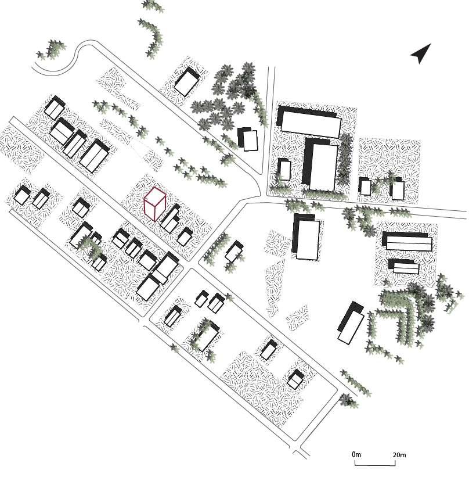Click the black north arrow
pyautogui.click(x=421, y=53)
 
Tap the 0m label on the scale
pyautogui.click(x=356, y=454)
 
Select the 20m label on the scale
pyautogui.click(x=399, y=454)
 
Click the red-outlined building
pyautogui.click(x=155, y=204)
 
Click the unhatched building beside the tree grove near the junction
pyautogui.click(x=250, y=140)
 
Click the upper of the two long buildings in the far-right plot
pyautogui.click(x=408, y=241)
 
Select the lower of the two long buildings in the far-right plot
pyautogui.click(x=405, y=267)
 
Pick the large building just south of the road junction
pyautogui.click(x=307, y=237)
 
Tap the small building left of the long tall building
pyautogui.click(x=284, y=170)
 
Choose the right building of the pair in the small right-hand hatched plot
pyautogui.click(x=397, y=190)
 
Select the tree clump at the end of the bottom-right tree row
pyautogui.click(x=347, y=400)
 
